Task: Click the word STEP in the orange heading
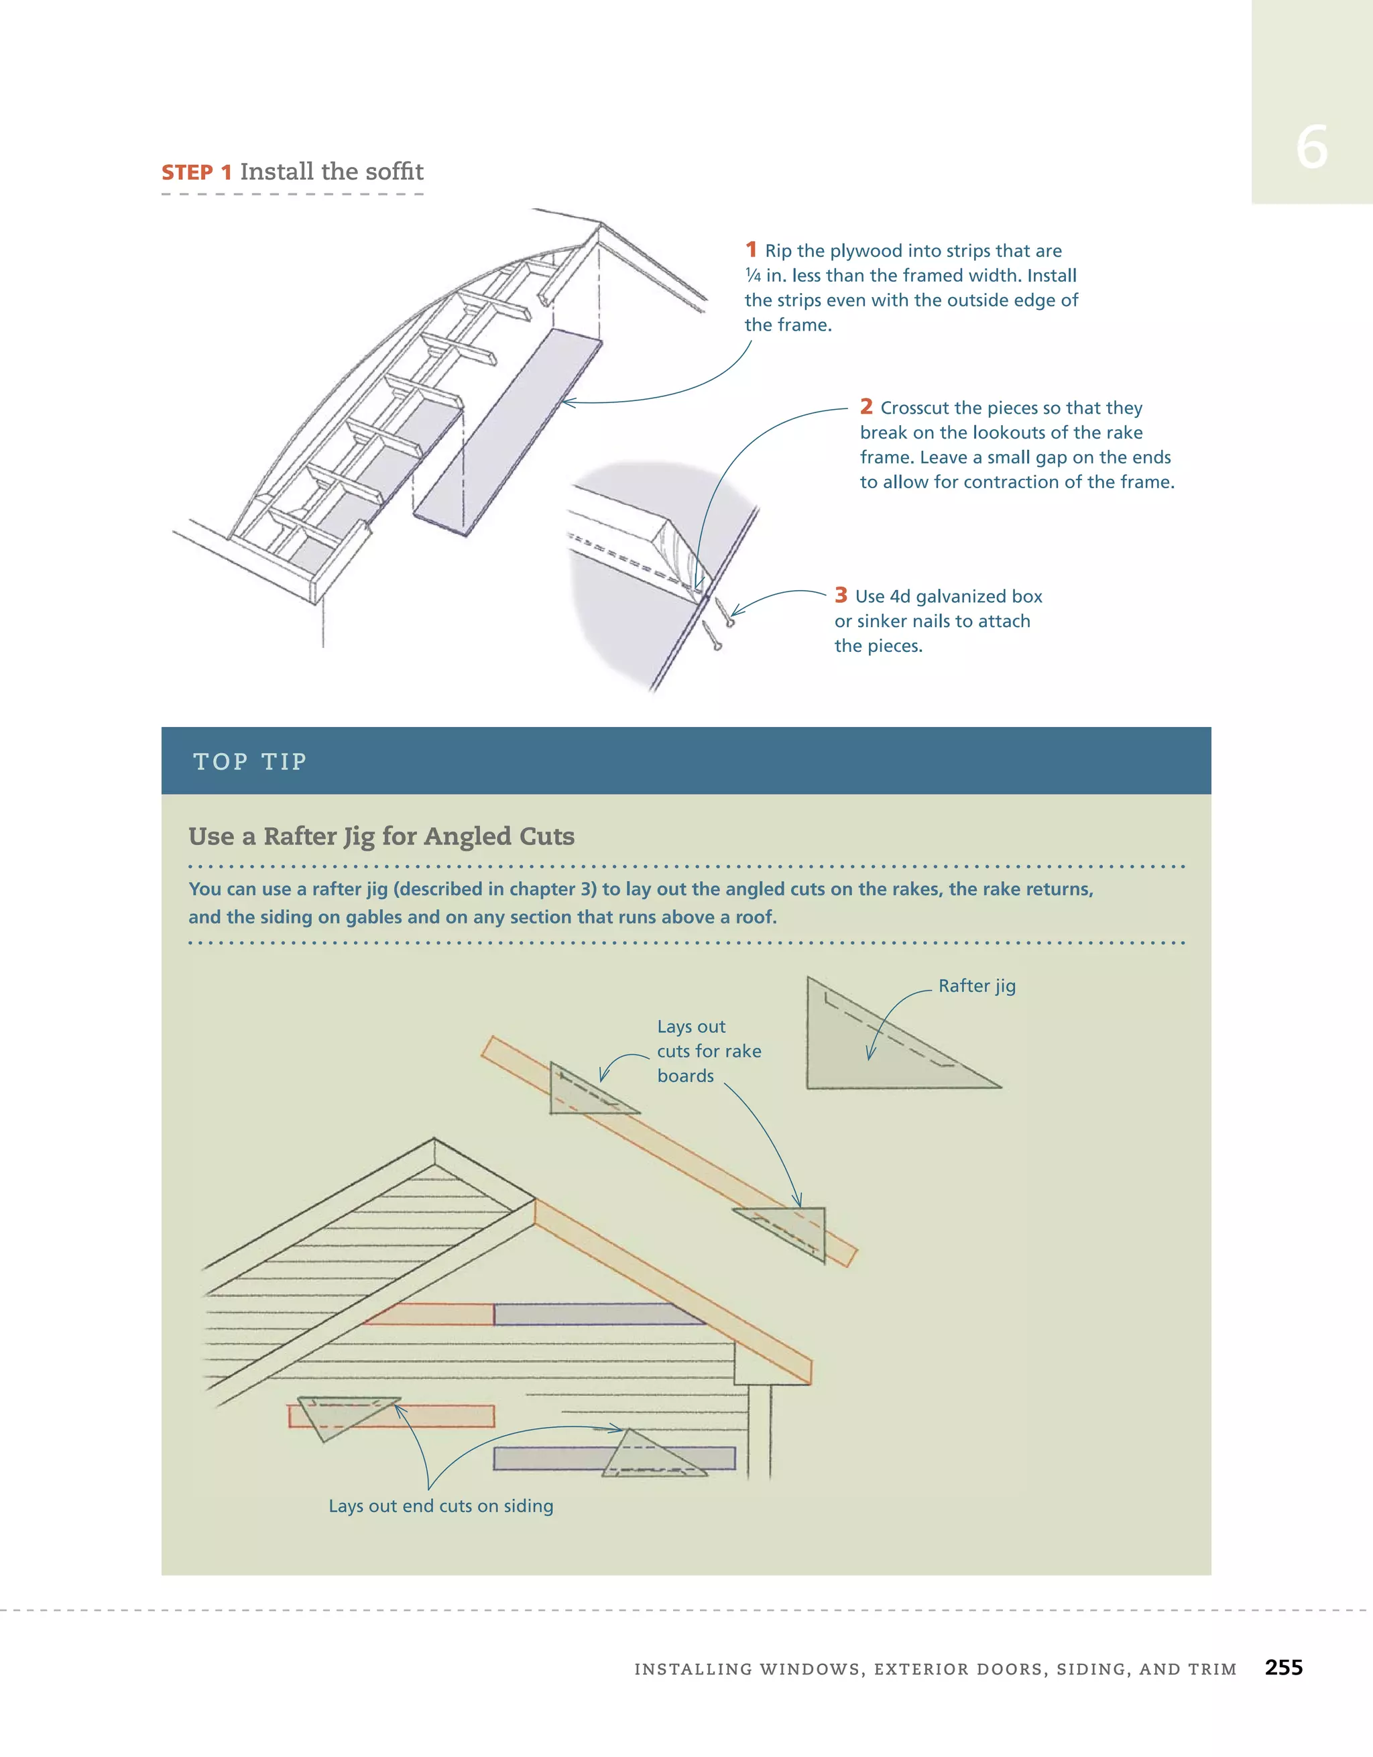tap(186, 173)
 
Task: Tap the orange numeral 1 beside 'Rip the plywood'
tap(750, 249)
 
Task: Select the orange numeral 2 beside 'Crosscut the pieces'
tap(865, 406)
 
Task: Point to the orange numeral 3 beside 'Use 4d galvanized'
tap(841, 595)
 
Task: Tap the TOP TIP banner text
tap(250, 761)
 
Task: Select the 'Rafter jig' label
tap(977, 986)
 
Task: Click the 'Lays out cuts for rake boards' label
tap(708, 1051)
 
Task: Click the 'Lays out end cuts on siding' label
tap(440, 1506)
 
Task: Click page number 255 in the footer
tap(1283, 1668)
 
